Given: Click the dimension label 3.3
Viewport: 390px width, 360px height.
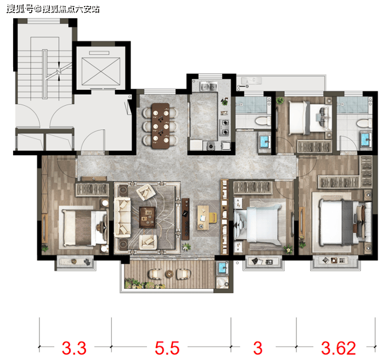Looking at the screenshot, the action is coord(74,348).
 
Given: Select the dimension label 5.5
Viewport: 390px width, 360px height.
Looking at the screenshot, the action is coord(167,348).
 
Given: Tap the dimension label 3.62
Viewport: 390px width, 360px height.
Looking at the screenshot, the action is coord(338,348).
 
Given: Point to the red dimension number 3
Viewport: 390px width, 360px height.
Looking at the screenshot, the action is coord(258,348).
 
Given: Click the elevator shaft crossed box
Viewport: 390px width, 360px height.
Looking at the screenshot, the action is coord(101,72).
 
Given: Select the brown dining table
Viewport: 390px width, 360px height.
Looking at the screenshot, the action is coord(161,125).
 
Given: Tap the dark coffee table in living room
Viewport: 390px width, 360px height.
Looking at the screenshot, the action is coord(148,217).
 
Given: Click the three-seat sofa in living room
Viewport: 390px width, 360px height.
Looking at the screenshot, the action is coord(122,218).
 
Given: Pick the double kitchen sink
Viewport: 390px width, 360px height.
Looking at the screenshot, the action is coord(209,87).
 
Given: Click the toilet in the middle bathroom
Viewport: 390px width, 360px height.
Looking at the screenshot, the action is coord(263,121).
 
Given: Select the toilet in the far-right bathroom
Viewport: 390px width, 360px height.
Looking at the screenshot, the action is coord(364,123).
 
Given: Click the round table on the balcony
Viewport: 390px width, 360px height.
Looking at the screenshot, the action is coord(169,274).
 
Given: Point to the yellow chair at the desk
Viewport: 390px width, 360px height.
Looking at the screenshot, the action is coord(213,218).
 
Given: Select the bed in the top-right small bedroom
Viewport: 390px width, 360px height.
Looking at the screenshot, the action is coord(310,118).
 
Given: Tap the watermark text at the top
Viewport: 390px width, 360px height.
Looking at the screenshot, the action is coord(53,9).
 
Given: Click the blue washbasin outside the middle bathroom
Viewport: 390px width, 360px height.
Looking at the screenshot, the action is coord(264,142).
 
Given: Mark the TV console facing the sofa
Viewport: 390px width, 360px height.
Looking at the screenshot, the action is coord(185,219).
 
